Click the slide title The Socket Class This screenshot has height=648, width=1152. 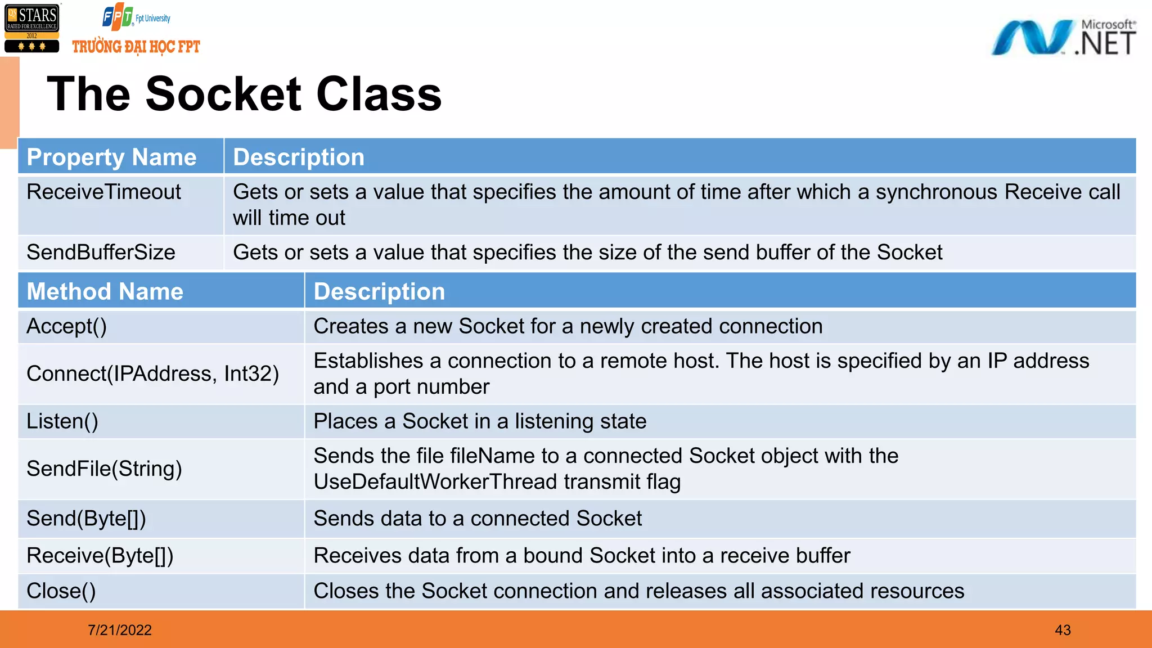(244, 94)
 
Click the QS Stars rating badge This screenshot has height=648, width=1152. (32, 28)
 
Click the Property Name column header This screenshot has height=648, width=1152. (111, 157)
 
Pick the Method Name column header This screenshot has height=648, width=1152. (105, 291)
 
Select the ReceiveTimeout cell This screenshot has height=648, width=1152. (103, 192)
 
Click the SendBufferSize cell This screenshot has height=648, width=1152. (101, 253)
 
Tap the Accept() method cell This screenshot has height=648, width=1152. (66, 326)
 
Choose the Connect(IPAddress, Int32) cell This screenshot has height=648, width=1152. (152, 373)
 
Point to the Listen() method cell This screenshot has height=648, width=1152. (62, 421)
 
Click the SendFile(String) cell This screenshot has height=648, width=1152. (104, 469)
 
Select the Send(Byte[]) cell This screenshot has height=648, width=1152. (86, 518)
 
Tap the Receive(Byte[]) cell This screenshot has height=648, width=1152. (100, 556)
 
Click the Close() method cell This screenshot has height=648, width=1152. (61, 591)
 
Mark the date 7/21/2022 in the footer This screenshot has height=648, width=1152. (120, 630)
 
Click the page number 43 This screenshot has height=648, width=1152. (1063, 630)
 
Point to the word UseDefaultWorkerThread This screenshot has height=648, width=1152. (435, 482)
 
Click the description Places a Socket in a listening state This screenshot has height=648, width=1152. (480, 421)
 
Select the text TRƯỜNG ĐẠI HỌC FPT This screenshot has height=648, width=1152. (136, 47)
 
